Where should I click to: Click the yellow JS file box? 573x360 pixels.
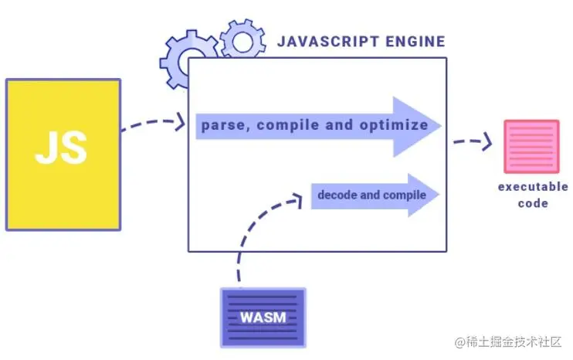pos(63,155)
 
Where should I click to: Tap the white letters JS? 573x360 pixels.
pos(61,147)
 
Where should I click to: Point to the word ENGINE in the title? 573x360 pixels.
pos(415,41)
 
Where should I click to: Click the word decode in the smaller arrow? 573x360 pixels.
pos(336,195)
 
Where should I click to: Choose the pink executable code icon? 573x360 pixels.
pos(531,145)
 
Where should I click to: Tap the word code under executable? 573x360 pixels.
pos(533,203)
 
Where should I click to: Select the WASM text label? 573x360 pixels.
pos(263,317)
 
